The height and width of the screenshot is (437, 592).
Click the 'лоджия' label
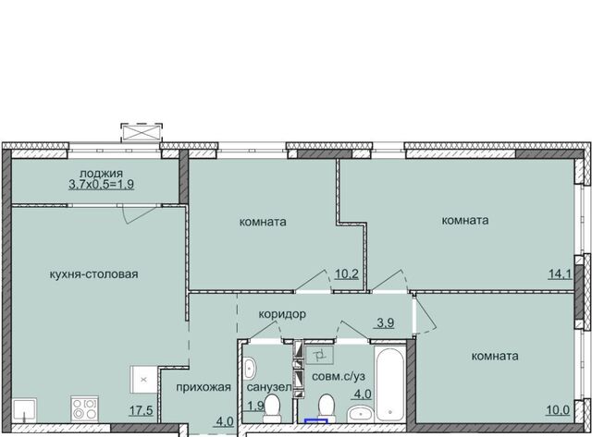(x=101, y=174)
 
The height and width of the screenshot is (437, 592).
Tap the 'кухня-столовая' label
(x=94, y=274)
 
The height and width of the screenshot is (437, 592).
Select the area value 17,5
(x=142, y=410)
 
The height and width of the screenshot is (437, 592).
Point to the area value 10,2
(x=347, y=273)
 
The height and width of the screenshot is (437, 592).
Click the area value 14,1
(x=561, y=273)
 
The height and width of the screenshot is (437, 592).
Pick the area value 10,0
(x=558, y=409)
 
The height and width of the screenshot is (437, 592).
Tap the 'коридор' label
(x=282, y=314)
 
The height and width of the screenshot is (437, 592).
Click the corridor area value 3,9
(x=386, y=322)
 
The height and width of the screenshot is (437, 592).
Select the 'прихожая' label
(x=203, y=387)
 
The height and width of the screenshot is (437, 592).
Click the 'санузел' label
(x=269, y=388)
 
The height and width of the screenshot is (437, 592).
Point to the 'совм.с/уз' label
(x=339, y=376)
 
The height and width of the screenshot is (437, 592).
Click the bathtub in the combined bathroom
(x=390, y=383)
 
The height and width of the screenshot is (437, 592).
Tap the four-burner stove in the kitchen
(x=84, y=408)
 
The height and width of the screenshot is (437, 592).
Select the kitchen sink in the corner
(x=25, y=410)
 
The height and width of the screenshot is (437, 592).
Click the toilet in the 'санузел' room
(x=271, y=408)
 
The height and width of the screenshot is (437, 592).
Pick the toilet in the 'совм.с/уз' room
(x=327, y=408)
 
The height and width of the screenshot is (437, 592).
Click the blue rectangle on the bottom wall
(x=316, y=421)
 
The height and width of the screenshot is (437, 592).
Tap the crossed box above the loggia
(x=142, y=132)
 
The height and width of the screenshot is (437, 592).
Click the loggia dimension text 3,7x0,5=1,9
(x=101, y=185)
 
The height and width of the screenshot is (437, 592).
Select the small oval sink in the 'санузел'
(x=250, y=368)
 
